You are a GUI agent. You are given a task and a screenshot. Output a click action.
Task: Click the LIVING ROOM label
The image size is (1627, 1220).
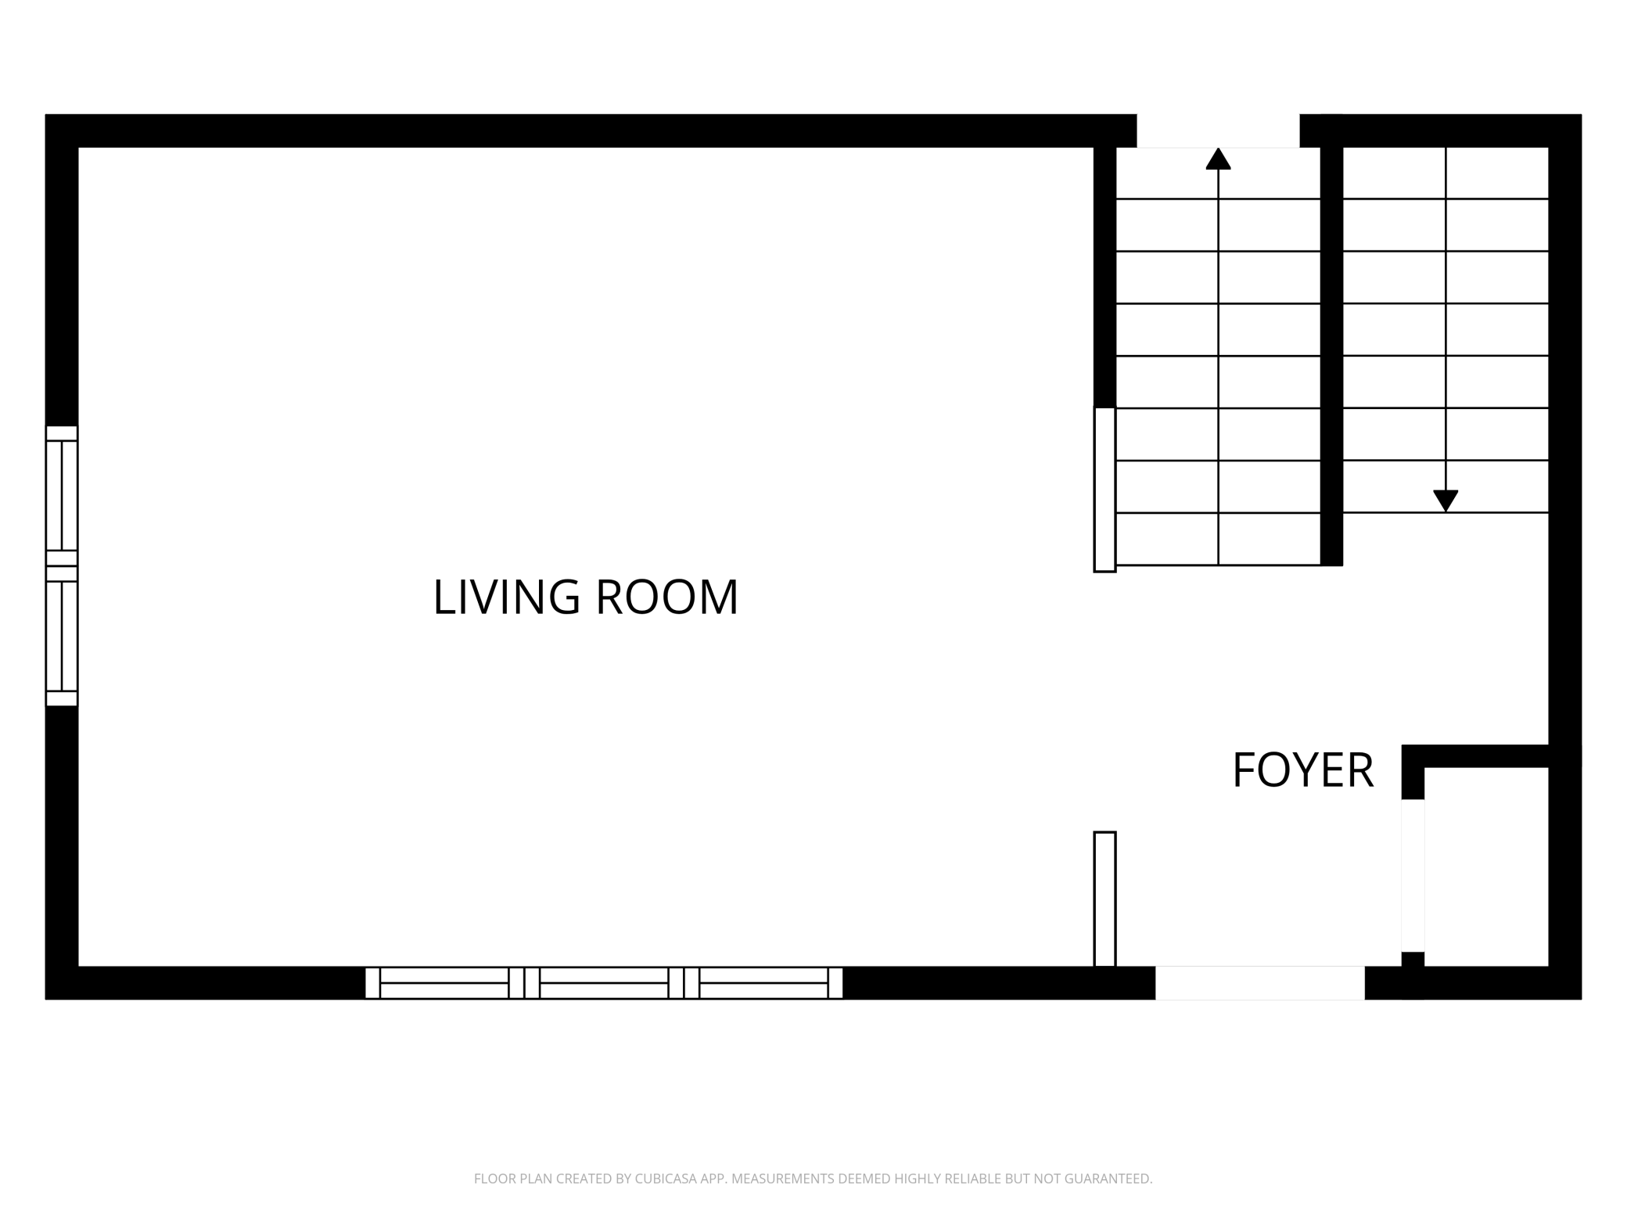[x=585, y=597]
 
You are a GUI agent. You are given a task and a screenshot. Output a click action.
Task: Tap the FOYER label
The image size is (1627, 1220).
[x=1302, y=770]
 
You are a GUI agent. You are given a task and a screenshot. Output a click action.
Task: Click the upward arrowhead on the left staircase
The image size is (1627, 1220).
[x=1218, y=159]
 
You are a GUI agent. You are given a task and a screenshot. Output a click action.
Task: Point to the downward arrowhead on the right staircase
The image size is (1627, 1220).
[x=1446, y=501]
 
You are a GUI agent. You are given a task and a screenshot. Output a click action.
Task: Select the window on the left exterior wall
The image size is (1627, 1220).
[x=62, y=565]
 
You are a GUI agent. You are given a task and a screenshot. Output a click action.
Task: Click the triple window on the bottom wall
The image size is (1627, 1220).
[x=604, y=982]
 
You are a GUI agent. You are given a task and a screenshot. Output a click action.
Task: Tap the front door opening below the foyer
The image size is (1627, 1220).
[x=1259, y=982]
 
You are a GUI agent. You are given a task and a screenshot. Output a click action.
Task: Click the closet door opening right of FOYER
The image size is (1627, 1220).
[x=1413, y=875]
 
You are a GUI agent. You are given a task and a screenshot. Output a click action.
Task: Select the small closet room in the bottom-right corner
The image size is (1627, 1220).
[x=1486, y=867]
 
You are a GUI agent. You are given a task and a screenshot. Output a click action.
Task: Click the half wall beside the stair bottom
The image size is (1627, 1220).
[x=1104, y=490]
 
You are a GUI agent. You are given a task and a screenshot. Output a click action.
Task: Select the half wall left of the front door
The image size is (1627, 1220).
[x=1104, y=899]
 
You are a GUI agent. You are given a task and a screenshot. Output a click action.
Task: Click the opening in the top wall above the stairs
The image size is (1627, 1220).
[x=1218, y=131]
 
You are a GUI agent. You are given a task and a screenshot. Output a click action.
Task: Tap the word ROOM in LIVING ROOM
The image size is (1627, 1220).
[x=667, y=597]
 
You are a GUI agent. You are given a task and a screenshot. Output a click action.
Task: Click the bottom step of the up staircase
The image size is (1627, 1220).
[x=1218, y=539]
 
